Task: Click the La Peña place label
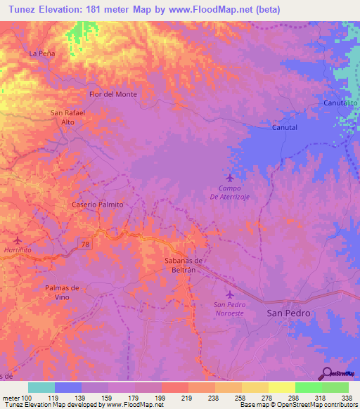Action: coord(41,53)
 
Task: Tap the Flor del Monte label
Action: coord(112,94)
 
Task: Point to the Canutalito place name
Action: coord(340,103)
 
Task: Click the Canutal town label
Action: coord(285,128)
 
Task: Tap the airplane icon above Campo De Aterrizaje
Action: coord(230,177)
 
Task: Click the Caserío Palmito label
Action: coord(98,204)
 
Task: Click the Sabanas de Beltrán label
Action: coord(179,265)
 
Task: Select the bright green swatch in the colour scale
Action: coord(308,387)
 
